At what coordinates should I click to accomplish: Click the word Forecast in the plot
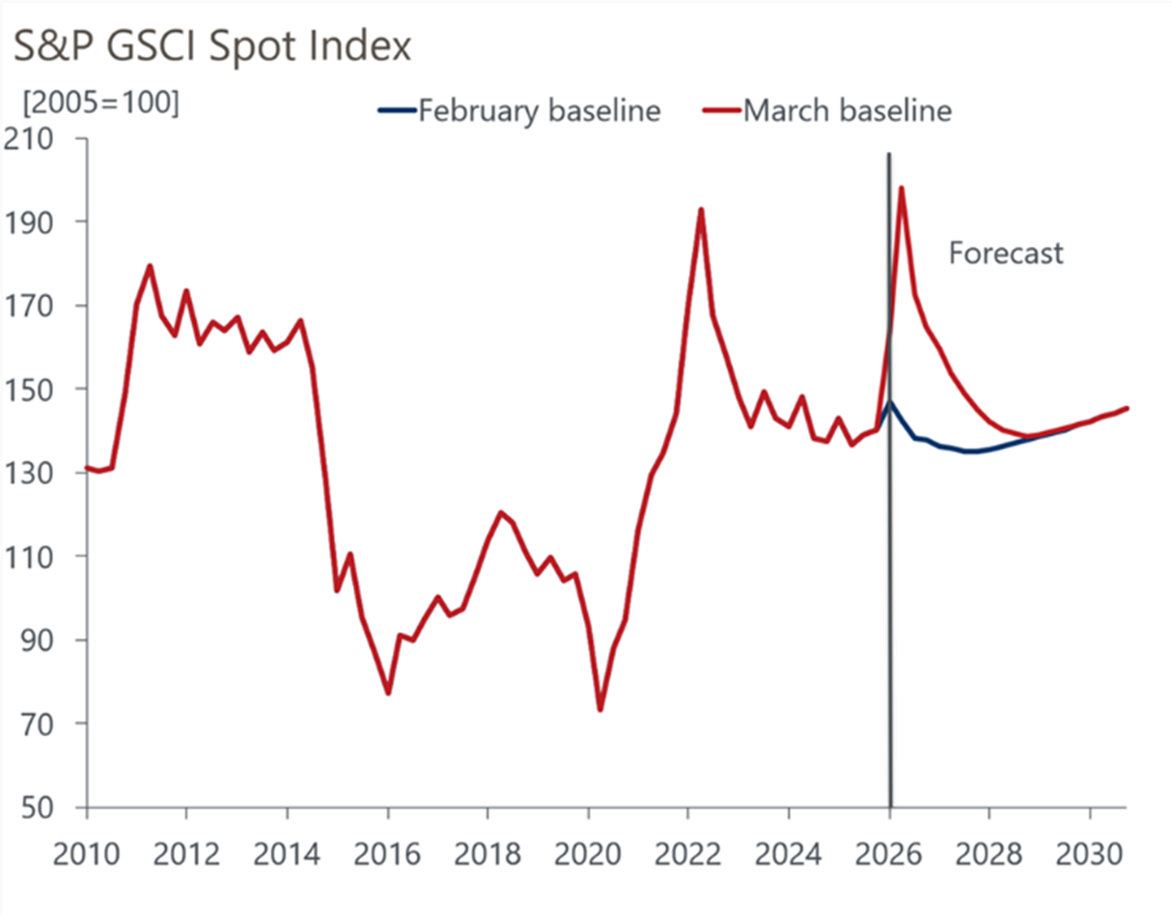pos(1005,253)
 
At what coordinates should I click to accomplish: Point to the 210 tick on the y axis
pos(42,139)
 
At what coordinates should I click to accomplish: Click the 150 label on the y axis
pos(42,389)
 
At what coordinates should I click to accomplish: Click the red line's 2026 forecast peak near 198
pos(901,188)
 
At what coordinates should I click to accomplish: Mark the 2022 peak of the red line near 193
pos(701,210)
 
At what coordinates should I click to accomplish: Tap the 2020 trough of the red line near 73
pos(600,709)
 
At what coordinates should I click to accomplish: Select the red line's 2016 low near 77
pos(388,693)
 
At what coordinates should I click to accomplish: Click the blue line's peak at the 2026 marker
pos(890,402)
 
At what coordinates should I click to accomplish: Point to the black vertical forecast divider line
pos(889,580)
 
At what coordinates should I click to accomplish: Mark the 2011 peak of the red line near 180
pos(150,266)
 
